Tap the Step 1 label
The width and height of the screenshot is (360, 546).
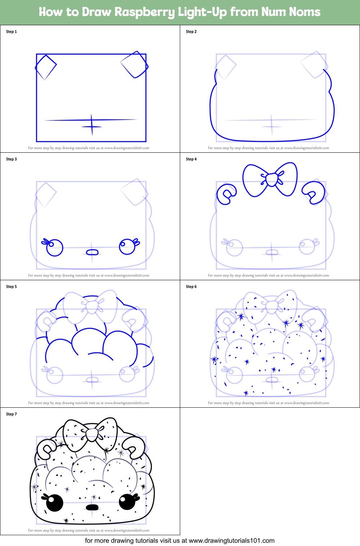point(12,32)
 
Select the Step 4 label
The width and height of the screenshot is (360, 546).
point(191,159)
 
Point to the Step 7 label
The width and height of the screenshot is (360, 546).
point(12,414)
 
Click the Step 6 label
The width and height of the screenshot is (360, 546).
point(191,287)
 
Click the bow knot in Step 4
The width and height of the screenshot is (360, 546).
point(271,179)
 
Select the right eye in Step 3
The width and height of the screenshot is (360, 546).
point(127,246)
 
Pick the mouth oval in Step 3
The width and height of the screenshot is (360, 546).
point(92,252)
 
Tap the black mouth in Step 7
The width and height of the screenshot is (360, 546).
point(92,507)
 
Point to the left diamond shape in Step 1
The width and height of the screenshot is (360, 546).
point(46,67)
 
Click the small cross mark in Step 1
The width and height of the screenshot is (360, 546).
point(92,126)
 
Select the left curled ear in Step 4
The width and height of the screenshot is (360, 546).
point(226,194)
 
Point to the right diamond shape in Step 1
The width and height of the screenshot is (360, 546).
point(134,65)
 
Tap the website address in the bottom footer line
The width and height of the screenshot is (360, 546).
point(231,541)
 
